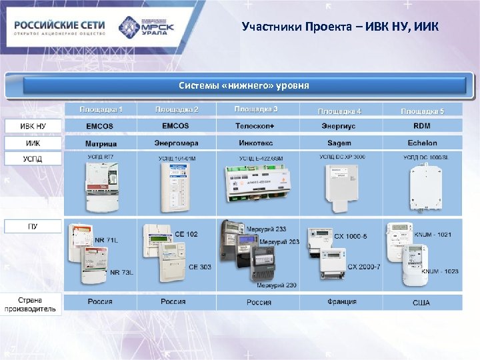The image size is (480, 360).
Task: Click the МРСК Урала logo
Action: click(147, 27)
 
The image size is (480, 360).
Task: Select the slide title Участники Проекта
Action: click(340, 27)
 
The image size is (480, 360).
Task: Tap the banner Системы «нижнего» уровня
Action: click(244, 86)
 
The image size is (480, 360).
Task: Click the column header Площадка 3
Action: click(256, 109)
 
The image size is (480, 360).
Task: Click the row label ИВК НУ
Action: click(33, 125)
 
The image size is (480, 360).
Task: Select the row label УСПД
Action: click(33, 159)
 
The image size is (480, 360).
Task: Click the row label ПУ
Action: click(33, 226)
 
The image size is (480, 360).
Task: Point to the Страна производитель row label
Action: click(33, 304)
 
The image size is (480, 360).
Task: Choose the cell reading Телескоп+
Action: click(259, 126)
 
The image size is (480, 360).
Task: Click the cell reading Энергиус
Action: click(339, 126)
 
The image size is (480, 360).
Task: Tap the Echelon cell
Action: click(422, 143)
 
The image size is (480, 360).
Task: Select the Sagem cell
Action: click(339, 143)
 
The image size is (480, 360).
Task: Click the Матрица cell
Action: click(101, 143)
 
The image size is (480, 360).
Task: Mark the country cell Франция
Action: click(339, 302)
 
